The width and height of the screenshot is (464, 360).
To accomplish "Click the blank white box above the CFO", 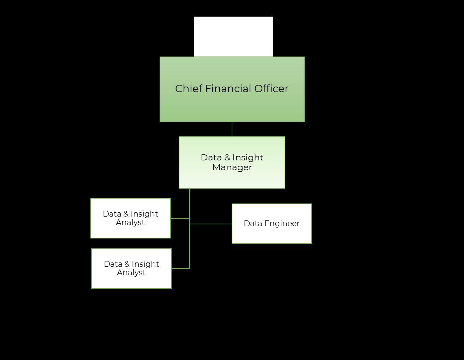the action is click(233, 36).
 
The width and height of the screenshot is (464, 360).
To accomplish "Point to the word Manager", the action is click(232, 167).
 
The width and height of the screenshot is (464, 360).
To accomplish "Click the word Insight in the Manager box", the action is click(248, 158).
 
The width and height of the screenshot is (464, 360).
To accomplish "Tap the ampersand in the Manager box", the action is click(227, 158).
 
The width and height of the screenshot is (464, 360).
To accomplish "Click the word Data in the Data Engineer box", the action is click(253, 224).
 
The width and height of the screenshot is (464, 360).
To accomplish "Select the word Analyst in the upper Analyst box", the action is click(130, 223).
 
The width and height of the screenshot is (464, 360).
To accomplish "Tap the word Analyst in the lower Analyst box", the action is click(131, 273).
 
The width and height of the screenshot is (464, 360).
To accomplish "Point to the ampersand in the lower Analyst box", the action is click(126, 264).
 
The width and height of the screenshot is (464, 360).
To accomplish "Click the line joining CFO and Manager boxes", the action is click(232, 129).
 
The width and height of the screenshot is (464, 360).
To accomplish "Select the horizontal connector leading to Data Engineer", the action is click(211, 224).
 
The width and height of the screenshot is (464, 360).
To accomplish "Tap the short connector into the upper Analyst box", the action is click(180, 219).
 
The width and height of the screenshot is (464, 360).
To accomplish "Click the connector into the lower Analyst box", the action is click(180, 268).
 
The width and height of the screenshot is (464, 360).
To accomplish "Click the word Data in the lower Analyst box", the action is click(113, 264).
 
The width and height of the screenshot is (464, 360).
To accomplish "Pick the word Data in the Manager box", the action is click(211, 158).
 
